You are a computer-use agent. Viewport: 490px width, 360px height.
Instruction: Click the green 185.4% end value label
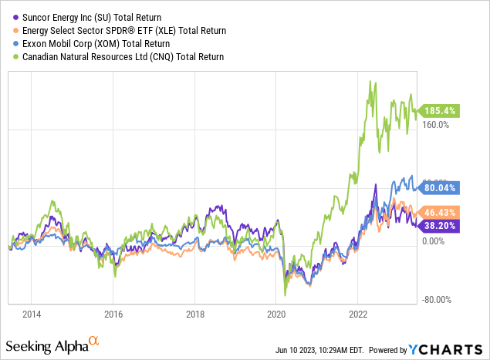441,111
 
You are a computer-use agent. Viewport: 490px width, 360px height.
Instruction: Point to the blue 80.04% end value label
441,187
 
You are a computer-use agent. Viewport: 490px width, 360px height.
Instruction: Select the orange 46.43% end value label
441,211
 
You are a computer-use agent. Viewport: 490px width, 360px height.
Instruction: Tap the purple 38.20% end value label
441,226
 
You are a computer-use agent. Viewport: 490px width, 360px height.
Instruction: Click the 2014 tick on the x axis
32,315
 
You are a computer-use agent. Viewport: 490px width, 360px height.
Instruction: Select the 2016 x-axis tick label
113,315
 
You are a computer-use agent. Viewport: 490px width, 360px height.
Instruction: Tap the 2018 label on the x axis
194,315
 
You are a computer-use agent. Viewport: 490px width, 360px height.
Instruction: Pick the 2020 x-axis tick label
276,315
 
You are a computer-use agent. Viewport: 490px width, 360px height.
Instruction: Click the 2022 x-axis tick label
357,315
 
